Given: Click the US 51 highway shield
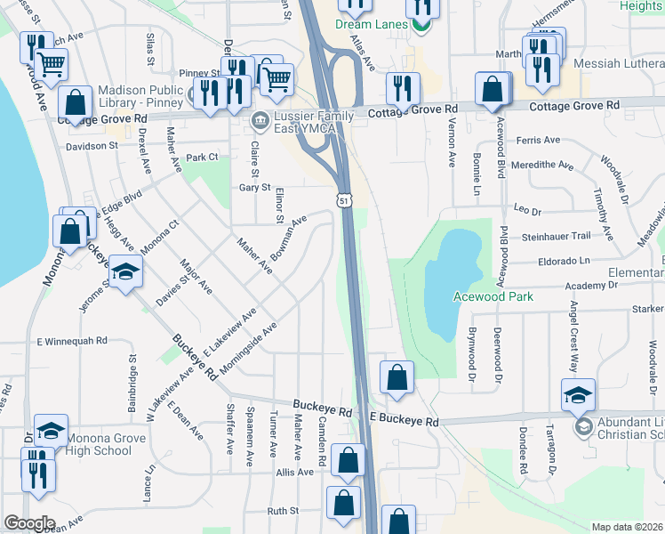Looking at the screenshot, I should click(343, 202).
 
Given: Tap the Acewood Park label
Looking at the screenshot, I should click(493, 296).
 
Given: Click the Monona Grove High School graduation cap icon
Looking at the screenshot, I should click(51, 431).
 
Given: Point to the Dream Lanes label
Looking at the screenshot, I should click(373, 24).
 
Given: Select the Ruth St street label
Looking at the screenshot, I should click(283, 512).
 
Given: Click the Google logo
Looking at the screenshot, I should click(29, 523).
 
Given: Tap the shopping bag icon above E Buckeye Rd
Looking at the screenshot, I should click(397, 377).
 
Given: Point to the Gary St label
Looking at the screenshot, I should click(254, 188).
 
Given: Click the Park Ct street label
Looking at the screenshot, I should click(202, 158).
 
